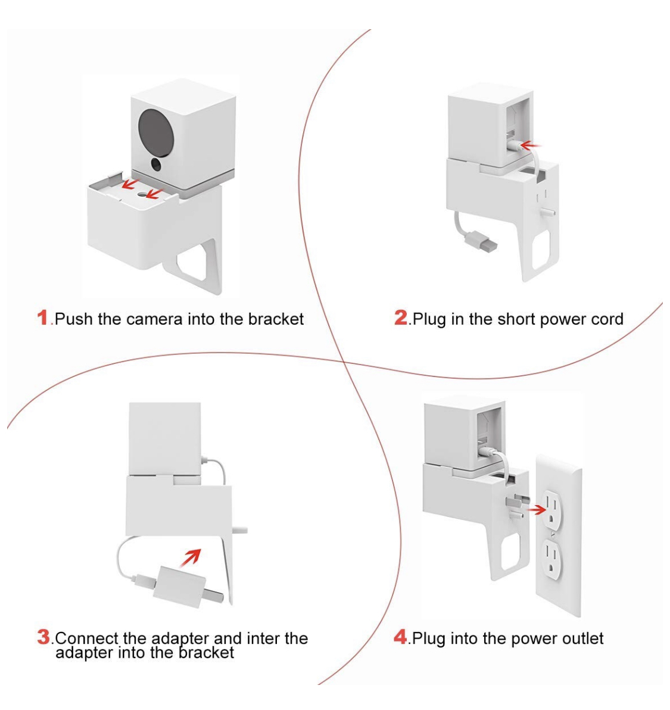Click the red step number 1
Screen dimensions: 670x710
tap(42, 317)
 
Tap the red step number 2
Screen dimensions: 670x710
tap(401, 317)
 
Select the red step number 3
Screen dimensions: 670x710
tap(43, 637)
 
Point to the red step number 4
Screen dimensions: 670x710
tap(401, 637)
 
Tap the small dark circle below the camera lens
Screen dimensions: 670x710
tap(156, 164)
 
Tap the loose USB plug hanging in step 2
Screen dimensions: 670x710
tap(484, 241)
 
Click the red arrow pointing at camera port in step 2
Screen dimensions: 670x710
tap(531, 145)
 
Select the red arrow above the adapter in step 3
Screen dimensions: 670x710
tap(191, 558)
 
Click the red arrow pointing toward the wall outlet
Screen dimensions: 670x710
tap(537, 509)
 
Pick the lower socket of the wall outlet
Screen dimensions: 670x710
tap(553, 560)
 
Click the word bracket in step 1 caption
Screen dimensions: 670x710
tap(276, 319)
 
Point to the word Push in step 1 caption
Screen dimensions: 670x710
tap(74, 319)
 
